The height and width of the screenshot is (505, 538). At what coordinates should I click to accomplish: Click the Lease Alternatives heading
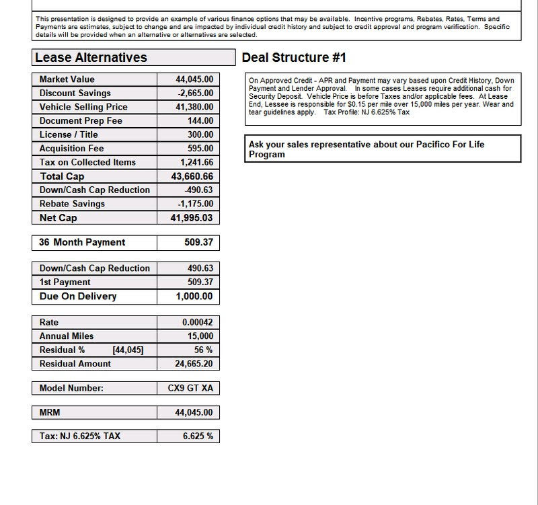tap(91, 58)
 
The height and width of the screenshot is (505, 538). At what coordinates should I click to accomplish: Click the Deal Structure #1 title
tap(294, 58)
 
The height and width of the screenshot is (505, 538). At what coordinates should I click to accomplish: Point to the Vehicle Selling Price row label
tap(83, 107)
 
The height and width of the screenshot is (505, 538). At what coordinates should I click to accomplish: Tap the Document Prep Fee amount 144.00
tap(200, 121)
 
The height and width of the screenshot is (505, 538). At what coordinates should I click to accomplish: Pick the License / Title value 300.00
tap(200, 134)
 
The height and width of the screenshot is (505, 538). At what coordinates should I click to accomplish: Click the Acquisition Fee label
tap(72, 149)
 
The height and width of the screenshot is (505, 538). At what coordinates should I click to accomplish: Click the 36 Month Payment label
tap(82, 242)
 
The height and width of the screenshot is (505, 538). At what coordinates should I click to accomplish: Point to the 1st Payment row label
tap(65, 282)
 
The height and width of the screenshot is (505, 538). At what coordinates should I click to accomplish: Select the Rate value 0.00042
tap(197, 323)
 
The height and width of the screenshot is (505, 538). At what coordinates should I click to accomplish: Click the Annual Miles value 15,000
tap(200, 336)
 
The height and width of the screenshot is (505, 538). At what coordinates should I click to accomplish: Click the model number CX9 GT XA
tap(191, 388)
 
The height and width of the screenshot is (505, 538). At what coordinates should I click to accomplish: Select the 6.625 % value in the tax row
tap(198, 436)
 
